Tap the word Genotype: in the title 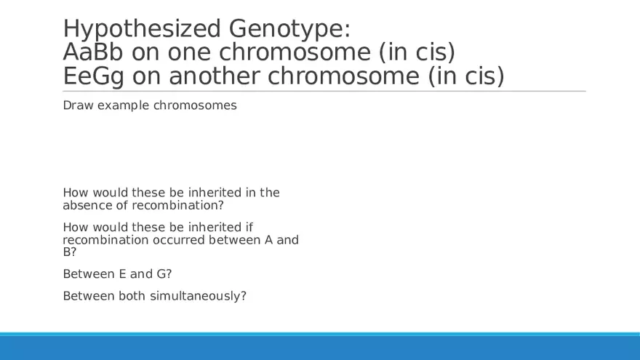(289, 29)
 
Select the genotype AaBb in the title (93, 52)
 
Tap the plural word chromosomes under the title (195, 105)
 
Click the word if (249, 227)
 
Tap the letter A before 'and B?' (268, 239)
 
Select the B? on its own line (70, 252)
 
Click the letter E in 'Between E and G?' (122, 273)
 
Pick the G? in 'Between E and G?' (164, 273)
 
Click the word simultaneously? (198, 296)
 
